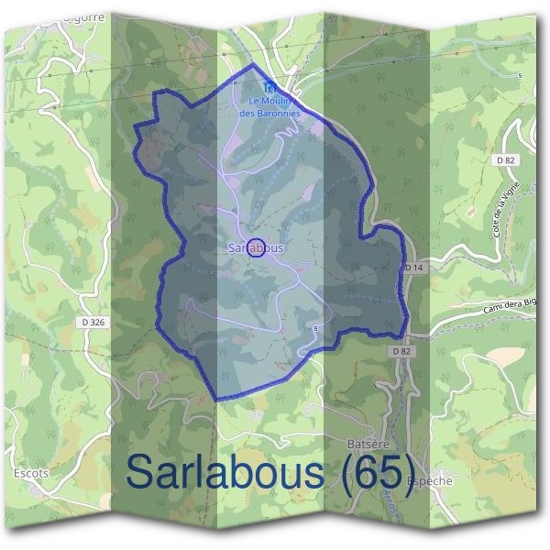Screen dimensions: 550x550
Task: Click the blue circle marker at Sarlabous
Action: [257, 247]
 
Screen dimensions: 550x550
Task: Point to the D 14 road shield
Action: [413, 267]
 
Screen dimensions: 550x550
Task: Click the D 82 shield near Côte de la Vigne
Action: [504, 159]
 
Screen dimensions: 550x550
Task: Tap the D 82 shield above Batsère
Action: [399, 351]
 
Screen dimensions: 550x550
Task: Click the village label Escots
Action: [31, 472]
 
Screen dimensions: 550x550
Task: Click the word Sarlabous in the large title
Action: [225, 473]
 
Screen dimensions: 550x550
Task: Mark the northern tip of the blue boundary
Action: [253, 66]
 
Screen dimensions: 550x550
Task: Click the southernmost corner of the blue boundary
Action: [216, 401]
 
